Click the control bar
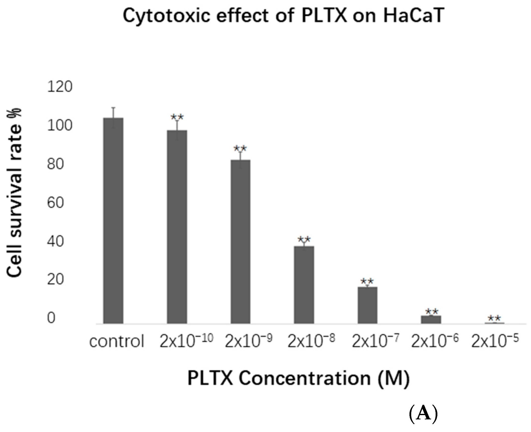(x=113, y=221)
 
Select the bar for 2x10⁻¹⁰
(x=177, y=227)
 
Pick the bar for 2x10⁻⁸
(x=304, y=285)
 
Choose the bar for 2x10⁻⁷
(x=368, y=305)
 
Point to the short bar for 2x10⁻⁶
(x=431, y=319)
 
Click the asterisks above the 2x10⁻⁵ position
(x=494, y=318)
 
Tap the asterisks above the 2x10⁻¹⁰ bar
(x=177, y=117)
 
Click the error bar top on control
(x=113, y=108)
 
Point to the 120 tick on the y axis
(x=60, y=87)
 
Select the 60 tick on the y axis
(x=55, y=203)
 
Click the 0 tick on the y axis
(x=51, y=318)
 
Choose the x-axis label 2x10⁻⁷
(x=375, y=341)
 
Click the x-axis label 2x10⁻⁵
(x=495, y=341)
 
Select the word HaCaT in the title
(x=413, y=16)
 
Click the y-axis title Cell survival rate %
(x=14, y=193)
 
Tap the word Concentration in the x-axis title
(x=305, y=378)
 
